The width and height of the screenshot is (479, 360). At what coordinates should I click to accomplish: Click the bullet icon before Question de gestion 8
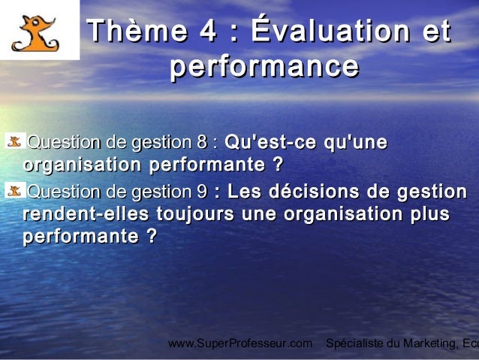point(14,141)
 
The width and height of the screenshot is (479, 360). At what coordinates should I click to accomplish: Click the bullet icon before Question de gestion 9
point(14,191)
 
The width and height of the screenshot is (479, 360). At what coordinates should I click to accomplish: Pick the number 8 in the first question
point(202,142)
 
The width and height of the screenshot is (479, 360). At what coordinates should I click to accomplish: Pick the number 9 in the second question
point(202,192)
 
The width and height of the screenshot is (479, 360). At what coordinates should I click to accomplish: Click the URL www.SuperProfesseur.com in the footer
point(239,343)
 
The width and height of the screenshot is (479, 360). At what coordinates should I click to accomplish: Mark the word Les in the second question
point(239,192)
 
